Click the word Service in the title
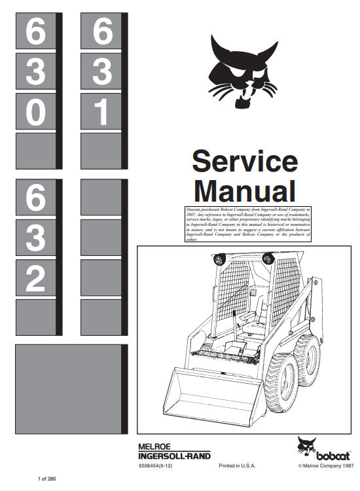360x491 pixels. click(245, 161)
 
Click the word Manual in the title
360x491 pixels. click(245, 191)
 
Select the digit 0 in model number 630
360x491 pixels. click(35, 111)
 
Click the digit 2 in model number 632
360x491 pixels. click(35, 278)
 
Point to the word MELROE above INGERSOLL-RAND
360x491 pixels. click(154, 447)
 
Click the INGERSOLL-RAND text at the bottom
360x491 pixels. click(174, 456)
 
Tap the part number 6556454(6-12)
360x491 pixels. click(155, 465)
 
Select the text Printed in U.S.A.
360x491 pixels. click(237, 465)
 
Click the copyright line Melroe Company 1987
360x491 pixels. click(326, 465)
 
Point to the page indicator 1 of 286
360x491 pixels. click(46, 479)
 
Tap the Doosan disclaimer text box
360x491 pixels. click(248, 224)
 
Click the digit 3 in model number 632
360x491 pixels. click(35, 238)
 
